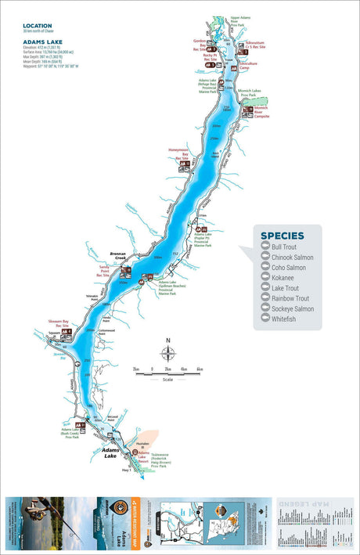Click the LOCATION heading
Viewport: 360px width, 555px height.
pos(38,26)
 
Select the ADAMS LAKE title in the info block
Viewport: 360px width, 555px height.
pos(40,39)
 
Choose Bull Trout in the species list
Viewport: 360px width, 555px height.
pos(285,247)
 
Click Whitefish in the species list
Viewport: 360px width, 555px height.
pos(285,319)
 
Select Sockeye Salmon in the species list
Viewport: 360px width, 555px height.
pos(292,309)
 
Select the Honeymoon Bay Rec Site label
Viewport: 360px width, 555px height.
pos(180,153)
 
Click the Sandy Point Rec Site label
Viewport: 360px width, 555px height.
pos(104,271)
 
